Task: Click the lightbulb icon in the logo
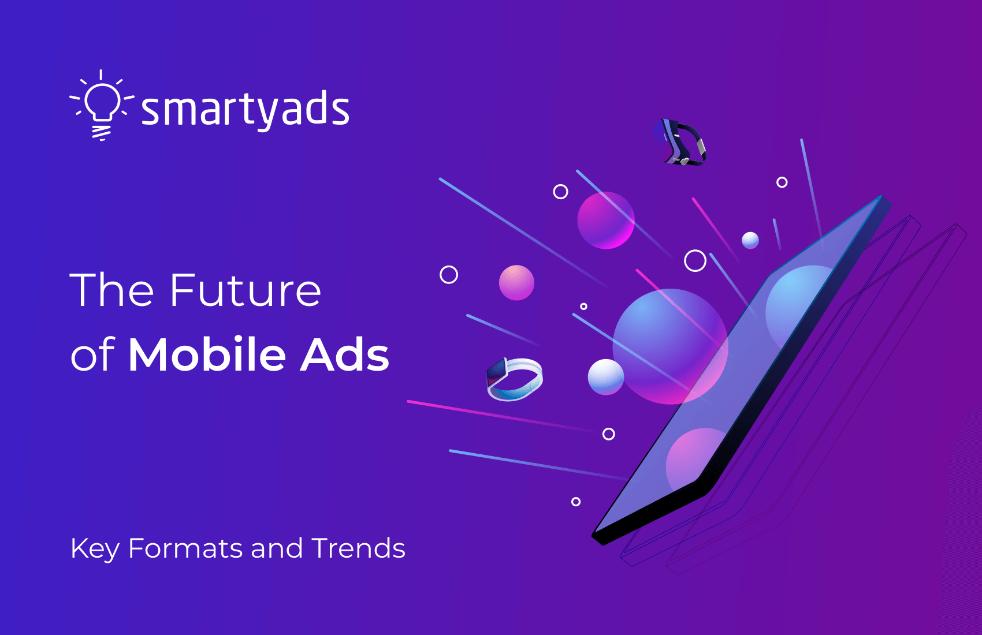click(x=102, y=104)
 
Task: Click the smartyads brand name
click(x=245, y=109)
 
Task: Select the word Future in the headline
click(x=245, y=290)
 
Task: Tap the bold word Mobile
click(x=207, y=354)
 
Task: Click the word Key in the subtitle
click(x=95, y=549)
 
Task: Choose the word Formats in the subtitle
click(x=185, y=548)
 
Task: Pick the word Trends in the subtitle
click(x=358, y=548)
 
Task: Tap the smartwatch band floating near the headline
click(x=514, y=379)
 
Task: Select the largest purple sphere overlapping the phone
click(x=670, y=346)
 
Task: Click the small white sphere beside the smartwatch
click(x=605, y=377)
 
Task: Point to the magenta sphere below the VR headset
click(x=606, y=220)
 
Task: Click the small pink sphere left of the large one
click(x=516, y=283)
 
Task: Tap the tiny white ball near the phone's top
click(x=750, y=240)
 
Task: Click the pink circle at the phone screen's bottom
click(x=693, y=456)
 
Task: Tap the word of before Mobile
click(x=92, y=354)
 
